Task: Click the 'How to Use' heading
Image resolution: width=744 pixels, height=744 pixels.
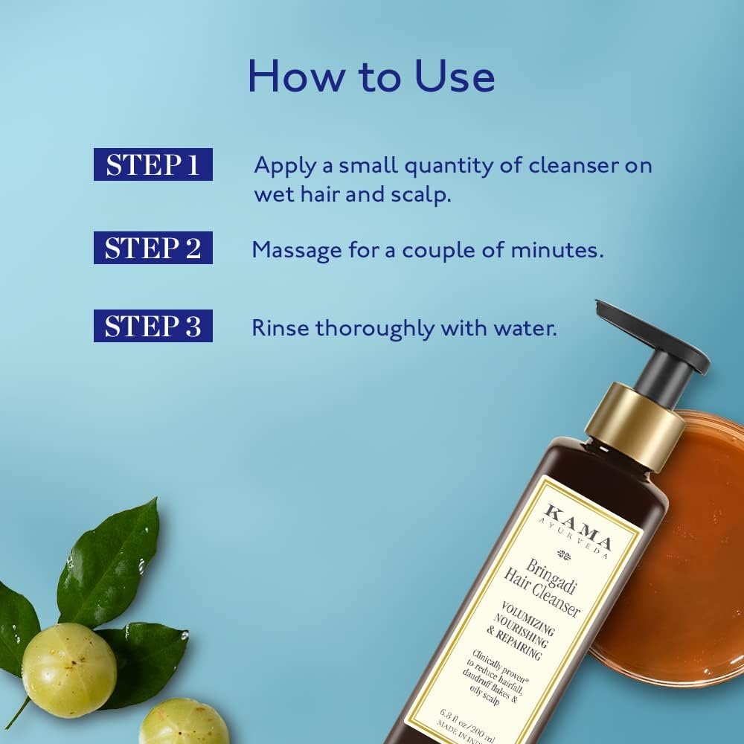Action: [x=371, y=77]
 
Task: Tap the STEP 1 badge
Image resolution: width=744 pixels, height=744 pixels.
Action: [x=153, y=164]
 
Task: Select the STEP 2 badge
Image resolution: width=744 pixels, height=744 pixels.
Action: [x=153, y=248]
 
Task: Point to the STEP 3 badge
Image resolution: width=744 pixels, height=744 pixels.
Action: [x=153, y=326]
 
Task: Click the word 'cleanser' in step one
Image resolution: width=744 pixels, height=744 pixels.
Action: [x=574, y=165]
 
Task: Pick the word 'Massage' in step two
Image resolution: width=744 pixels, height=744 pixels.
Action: [x=297, y=249]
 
